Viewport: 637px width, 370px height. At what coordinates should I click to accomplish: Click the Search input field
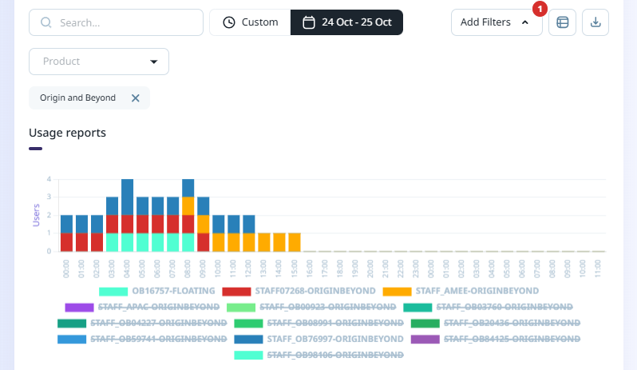tap(116, 22)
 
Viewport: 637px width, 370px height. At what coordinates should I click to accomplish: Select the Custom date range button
tap(250, 22)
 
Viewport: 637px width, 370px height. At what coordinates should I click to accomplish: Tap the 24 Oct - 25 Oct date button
tap(346, 22)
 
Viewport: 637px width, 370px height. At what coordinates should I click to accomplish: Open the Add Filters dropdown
tap(496, 22)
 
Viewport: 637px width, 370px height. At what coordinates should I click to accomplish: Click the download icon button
tap(595, 22)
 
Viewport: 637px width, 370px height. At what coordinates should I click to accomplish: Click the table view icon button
tap(562, 22)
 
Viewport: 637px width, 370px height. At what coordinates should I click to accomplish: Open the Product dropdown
tap(99, 62)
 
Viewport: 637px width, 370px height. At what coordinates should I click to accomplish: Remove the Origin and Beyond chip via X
tap(135, 97)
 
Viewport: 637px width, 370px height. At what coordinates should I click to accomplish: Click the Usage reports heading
tap(67, 133)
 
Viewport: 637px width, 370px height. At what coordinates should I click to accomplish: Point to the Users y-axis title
tap(36, 214)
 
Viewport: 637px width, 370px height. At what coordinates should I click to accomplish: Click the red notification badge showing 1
tap(539, 10)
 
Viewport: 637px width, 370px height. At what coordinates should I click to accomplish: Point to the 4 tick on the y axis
tap(49, 179)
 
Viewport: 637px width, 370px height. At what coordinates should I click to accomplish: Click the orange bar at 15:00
tap(295, 242)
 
